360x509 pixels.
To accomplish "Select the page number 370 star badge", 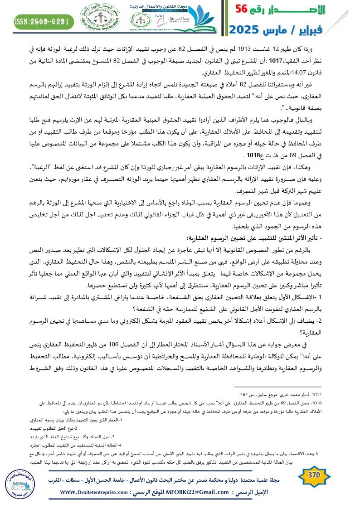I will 313,475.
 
